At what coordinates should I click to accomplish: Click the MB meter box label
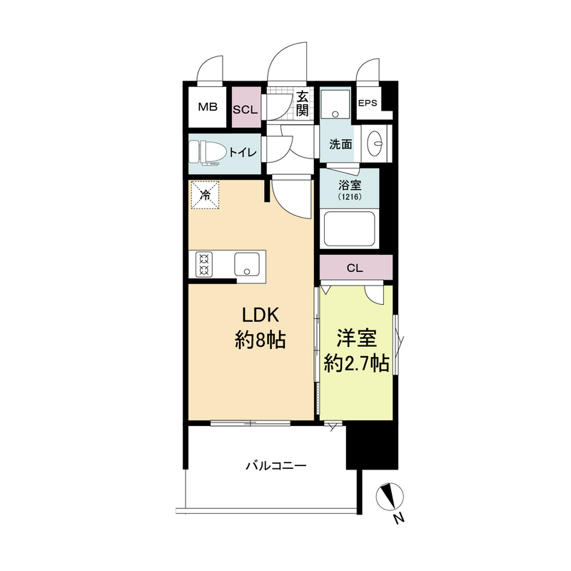click(x=208, y=106)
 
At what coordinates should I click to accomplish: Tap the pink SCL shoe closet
click(x=246, y=107)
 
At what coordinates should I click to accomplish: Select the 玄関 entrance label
click(x=302, y=103)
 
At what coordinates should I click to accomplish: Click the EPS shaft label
click(x=368, y=103)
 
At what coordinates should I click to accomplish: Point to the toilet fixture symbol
click(x=205, y=153)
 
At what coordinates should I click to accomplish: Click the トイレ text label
click(x=243, y=152)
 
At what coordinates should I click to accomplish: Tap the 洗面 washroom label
click(x=340, y=144)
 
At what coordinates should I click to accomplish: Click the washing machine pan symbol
click(x=335, y=104)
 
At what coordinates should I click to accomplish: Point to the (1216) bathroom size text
click(x=349, y=197)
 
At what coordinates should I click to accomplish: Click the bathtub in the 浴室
click(x=349, y=229)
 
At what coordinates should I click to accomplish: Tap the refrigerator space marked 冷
click(x=206, y=195)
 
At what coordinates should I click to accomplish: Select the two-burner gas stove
click(x=204, y=264)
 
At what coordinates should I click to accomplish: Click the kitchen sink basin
click(x=247, y=264)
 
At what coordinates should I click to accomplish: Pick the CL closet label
click(x=355, y=268)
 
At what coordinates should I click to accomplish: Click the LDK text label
click(x=261, y=315)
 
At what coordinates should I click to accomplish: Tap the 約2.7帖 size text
click(x=356, y=363)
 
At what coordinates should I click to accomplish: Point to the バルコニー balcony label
click(x=276, y=466)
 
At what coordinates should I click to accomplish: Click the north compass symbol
click(x=390, y=496)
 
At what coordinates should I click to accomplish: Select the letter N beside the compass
click(x=400, y=518)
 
